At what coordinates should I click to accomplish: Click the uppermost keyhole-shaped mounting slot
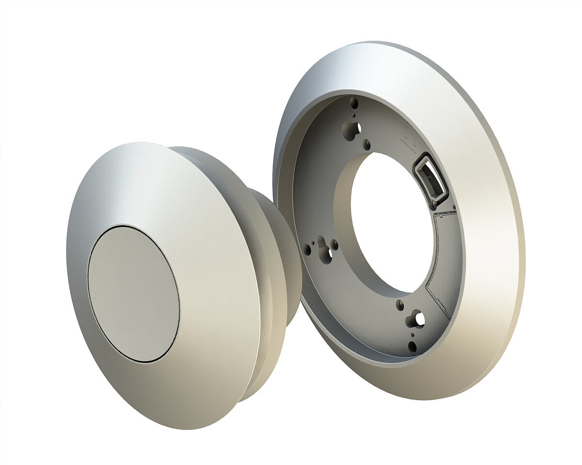[x=351, y=129]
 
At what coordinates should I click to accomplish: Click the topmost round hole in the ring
[x=354, y=103]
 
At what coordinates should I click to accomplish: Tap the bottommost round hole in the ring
[x=412, y=346]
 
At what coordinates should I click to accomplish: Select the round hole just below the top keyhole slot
[x=367, y=144]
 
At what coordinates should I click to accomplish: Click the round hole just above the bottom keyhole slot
[x=400, y=305]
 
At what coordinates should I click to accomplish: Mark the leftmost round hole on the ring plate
[x=307, y=249]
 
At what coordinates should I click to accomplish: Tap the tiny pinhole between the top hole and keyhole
[x=354, y=115]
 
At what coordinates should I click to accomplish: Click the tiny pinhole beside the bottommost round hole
[x=412, y=335]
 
